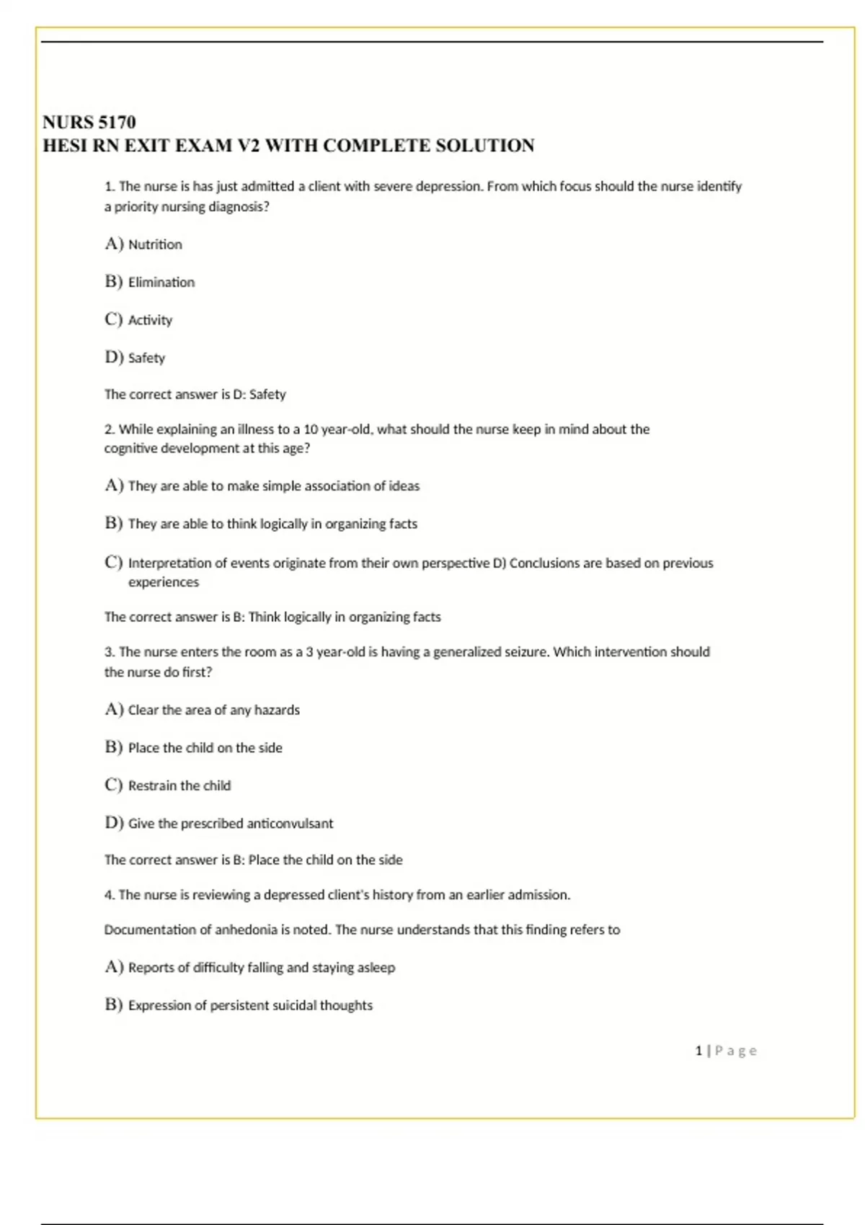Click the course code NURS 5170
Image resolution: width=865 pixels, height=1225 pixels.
89,122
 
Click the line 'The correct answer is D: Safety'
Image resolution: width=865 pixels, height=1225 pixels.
195,394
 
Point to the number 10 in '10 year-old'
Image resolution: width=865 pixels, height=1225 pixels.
311,429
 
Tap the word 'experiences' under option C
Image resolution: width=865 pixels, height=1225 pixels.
164,582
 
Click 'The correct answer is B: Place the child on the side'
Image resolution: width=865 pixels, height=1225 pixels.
253,860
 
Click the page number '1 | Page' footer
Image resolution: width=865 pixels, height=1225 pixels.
726,1051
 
